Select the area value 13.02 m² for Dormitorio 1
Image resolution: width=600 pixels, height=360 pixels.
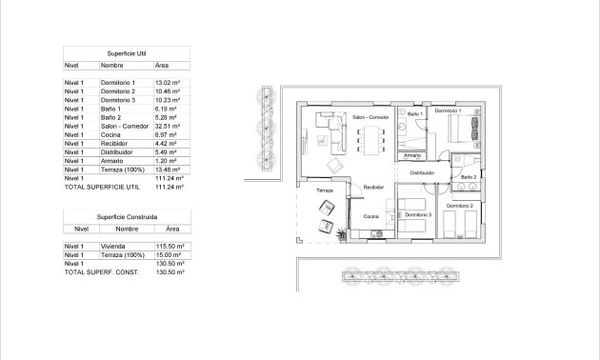click(x=168, y=84)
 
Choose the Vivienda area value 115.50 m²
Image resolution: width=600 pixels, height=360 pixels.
click(x=169, y=246)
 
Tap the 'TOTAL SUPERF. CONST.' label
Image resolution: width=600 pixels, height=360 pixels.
click(x=101, y=273)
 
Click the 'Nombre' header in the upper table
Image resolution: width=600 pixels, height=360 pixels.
click(x=112, y=66)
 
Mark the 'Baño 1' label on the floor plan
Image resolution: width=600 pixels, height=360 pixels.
click(x=414, y=114)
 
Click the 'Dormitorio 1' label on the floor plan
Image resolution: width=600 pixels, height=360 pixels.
click(x=448, y=111)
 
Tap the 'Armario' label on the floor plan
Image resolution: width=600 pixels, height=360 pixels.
click(x=412, y=155)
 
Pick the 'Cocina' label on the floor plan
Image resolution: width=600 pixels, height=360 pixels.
click(x=370, y=219)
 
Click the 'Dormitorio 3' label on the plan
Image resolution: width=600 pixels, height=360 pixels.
click(x=417, y=215)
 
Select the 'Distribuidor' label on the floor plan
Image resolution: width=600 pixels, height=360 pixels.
click(x=422, y=173)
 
